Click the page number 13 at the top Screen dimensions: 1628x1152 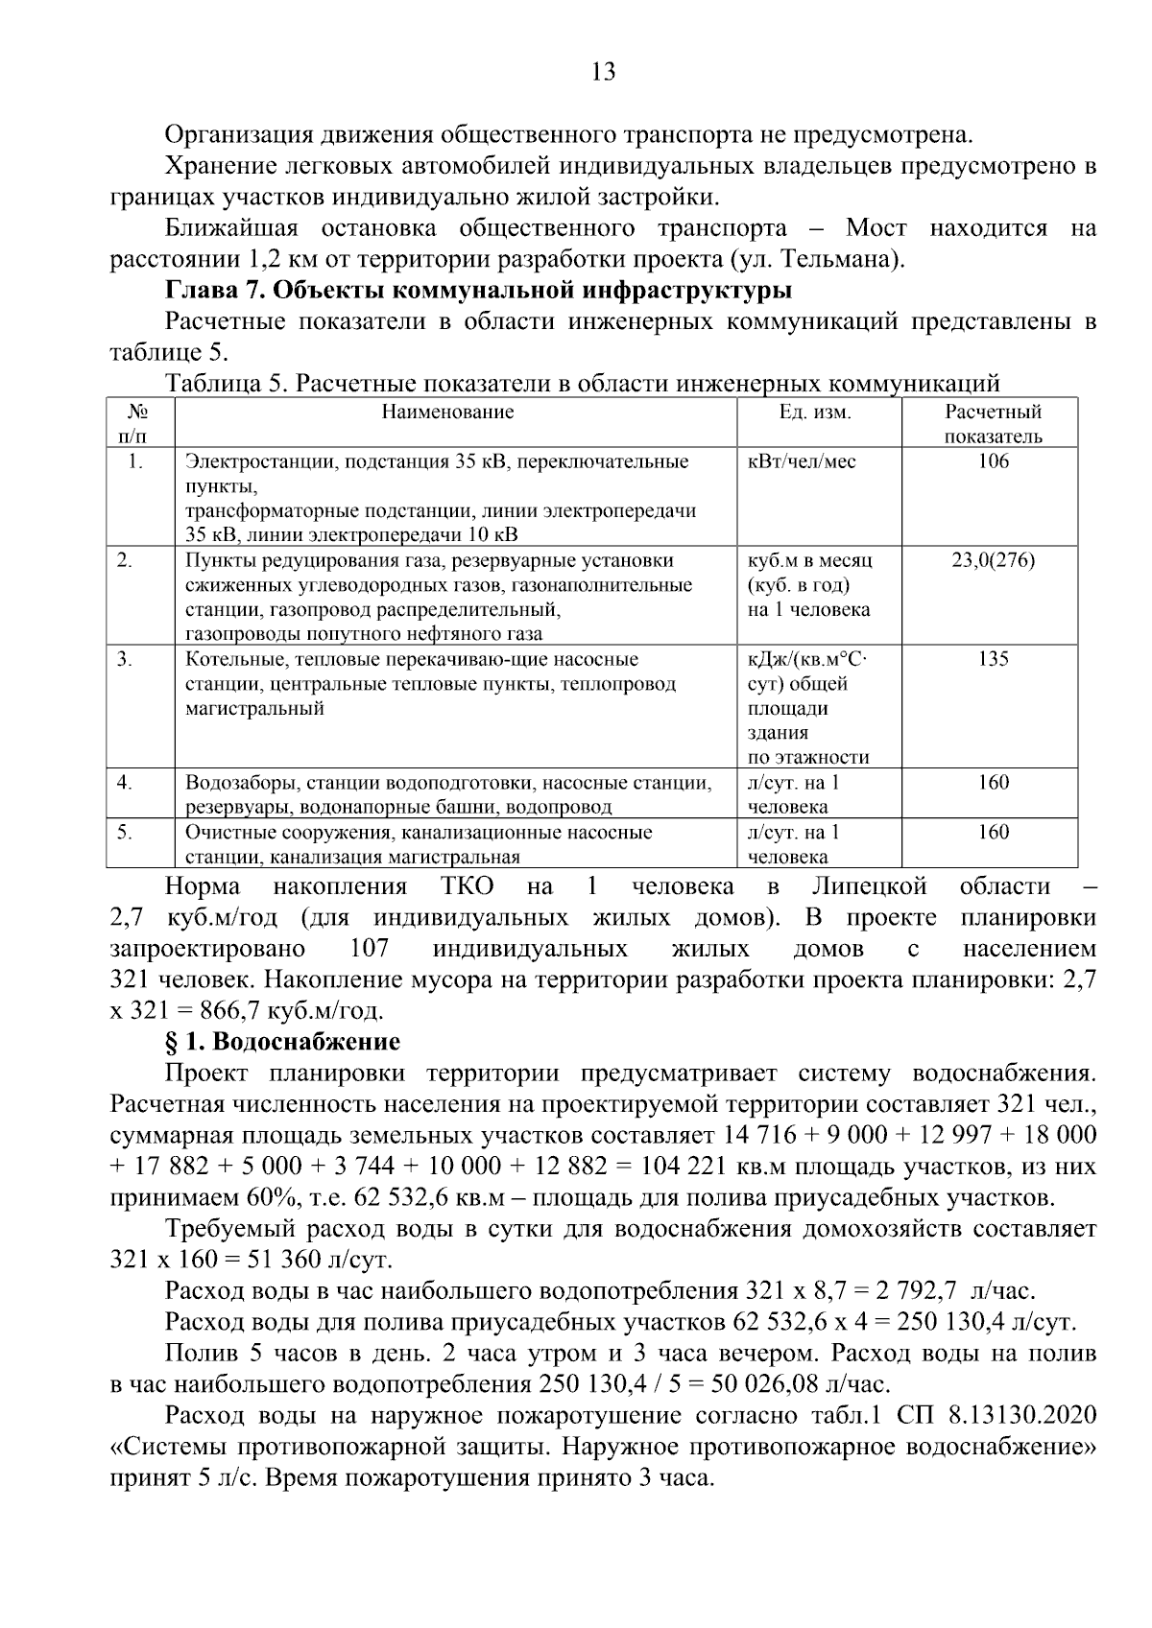603,72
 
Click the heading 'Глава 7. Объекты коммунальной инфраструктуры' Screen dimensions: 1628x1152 479,290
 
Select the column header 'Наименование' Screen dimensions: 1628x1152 447,413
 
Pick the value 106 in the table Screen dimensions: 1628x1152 994,461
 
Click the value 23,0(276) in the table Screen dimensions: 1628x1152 993,560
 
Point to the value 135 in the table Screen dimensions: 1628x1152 994,659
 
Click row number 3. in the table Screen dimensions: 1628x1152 125,659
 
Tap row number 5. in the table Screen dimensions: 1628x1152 125,832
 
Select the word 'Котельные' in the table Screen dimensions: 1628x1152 228,659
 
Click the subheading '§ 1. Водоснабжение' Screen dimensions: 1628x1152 283,1042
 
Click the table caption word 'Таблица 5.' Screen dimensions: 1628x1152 227,385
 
